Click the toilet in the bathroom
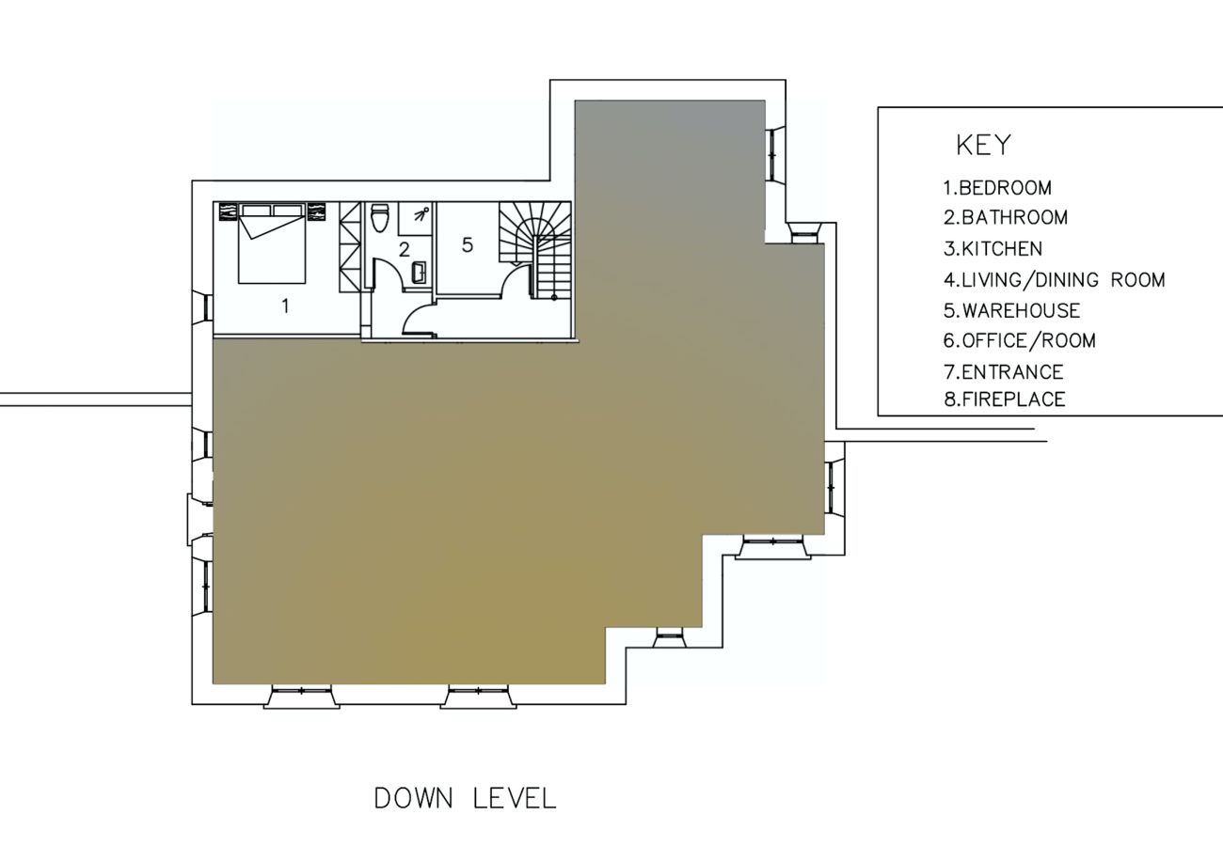[379, 218]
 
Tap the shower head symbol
[421, 213]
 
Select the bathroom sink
[420, 273]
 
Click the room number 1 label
[285, 306]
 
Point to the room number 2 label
[404, 249]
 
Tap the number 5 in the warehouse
[467, 244]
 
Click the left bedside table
[229, 211]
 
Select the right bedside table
[316, 211]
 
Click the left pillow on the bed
[256, 210]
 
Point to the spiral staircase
[535, 250]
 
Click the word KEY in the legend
[983, 145]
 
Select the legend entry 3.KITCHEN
[993, 249]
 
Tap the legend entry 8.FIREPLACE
[1005, 399]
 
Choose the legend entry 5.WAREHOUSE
[1011, 311]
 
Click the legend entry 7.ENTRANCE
[1004, 372]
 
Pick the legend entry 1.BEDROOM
[997, 188]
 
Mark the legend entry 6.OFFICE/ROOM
[1020, 341]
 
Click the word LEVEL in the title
[515, 799]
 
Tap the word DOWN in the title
[414, 799]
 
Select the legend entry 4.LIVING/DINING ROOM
[1055, 280]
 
